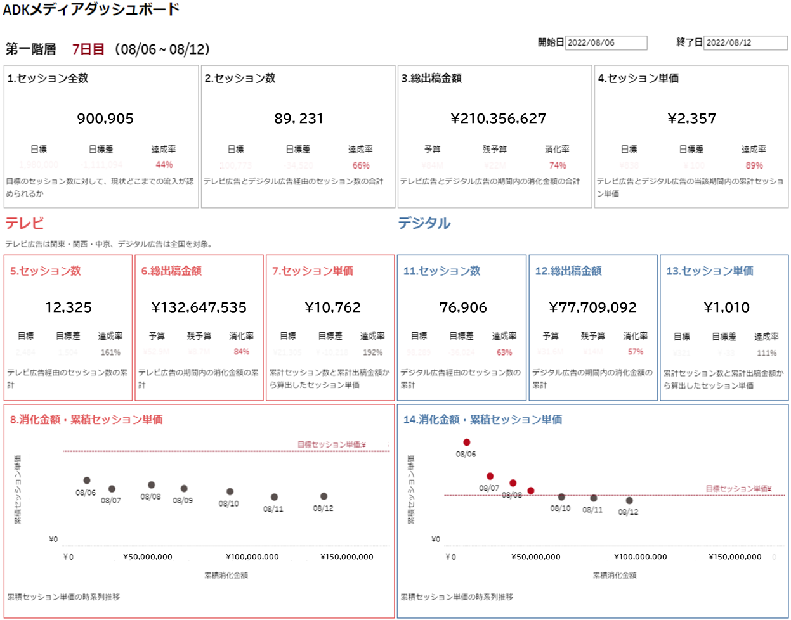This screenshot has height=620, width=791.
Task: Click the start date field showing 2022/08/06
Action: (x=606, y=42)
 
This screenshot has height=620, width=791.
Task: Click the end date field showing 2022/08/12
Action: (x=745, y=42)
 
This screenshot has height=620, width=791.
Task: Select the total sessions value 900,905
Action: (x=105, y=119)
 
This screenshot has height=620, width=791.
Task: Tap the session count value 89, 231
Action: (x=299, y=119)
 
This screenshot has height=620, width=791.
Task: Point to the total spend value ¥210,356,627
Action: (x=498, y=119)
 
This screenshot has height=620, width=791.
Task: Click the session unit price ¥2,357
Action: (x=691, y=119)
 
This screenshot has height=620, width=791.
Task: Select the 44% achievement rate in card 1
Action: (x=164, y=165)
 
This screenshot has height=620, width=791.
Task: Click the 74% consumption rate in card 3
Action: (x=558, y=165)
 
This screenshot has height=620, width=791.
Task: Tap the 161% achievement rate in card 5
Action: (x=110, y=352)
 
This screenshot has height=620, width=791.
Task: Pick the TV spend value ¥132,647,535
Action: (x=199, y=307)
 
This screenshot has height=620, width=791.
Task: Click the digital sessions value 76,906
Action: (x=463, y=307)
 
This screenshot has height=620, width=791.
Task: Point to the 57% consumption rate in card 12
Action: (x=636, y=352)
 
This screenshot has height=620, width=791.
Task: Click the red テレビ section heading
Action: (x=25, y=223)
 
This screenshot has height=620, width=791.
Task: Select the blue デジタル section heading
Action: (x=424, y=223)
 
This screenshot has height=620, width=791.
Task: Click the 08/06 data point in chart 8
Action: (x=87, y=481)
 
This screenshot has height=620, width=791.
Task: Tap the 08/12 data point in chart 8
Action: (x=324, y=496)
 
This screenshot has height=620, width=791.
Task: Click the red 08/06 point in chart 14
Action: (x=467, y=442)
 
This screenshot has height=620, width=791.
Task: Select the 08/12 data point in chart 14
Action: (x=629, y=500)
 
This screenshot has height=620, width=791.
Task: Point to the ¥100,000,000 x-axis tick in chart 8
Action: (x=252, y=557)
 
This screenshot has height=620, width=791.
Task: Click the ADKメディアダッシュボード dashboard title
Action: (x=91, y=10)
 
